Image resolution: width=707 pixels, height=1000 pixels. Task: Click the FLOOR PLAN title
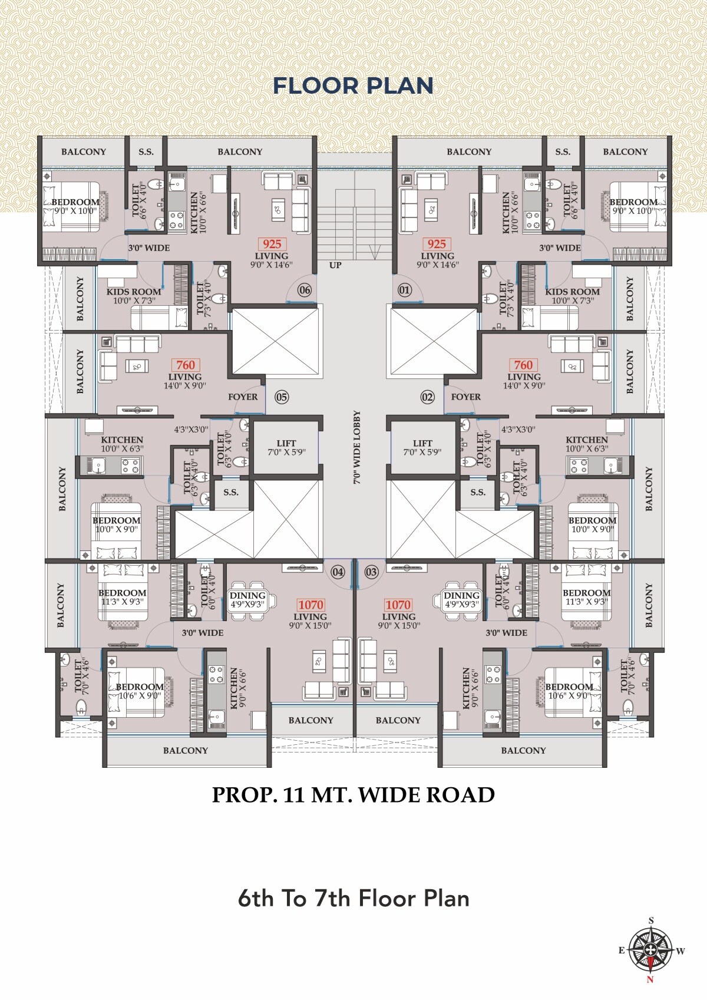(353, 85)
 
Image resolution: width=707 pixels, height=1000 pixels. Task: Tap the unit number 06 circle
(305, 290)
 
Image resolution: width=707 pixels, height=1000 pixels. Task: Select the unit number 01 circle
(404, 290)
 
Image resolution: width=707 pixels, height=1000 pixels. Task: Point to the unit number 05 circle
(282, 397)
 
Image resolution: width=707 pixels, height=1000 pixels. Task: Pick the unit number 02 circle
(428, 397)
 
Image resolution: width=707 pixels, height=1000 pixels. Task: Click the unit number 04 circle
(338, 572)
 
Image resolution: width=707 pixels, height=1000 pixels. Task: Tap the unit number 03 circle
(371, 572)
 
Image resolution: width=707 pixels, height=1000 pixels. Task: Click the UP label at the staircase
(335, 265)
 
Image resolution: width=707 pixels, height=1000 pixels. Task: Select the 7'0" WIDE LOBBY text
(357, 447)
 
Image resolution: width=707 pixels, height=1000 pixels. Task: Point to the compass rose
(651, 951)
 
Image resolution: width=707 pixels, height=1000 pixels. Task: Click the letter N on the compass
(650, 980)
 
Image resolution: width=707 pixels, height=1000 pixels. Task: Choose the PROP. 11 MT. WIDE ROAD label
(353, 795)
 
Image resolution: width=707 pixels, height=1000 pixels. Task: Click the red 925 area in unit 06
(272, 244)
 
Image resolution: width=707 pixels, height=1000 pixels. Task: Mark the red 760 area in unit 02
(524, 365)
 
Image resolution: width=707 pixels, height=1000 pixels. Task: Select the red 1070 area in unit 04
(310, 605)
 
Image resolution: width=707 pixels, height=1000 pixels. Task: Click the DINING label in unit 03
(461, 596)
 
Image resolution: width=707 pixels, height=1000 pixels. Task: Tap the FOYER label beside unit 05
(243, 397)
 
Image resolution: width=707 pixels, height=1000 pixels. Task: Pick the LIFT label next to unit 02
(422, 443)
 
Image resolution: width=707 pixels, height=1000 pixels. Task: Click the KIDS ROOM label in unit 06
(134, 292)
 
